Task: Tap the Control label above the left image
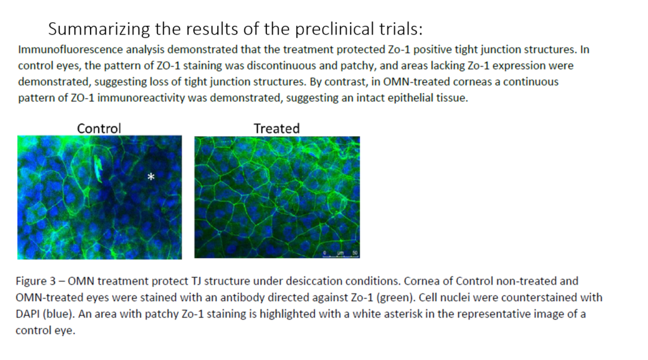[99, 128]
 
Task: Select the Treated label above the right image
[277, 128]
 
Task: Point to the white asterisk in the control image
[151, 177]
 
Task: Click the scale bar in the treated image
[340, 256]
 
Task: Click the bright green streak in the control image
[98, 169]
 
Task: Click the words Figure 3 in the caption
[35, 281]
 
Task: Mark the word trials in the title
[400, 29]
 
